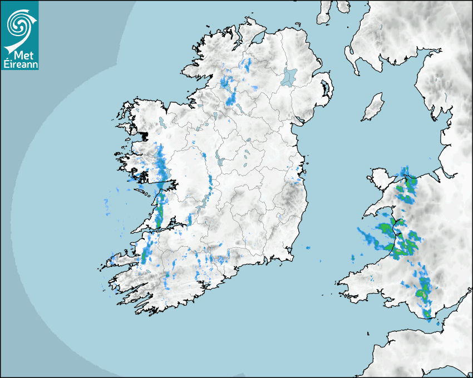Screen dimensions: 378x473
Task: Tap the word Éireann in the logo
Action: (20, 64)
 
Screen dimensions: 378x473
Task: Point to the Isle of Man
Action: (373, 107)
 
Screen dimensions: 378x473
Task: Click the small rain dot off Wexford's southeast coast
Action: (307, 247)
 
